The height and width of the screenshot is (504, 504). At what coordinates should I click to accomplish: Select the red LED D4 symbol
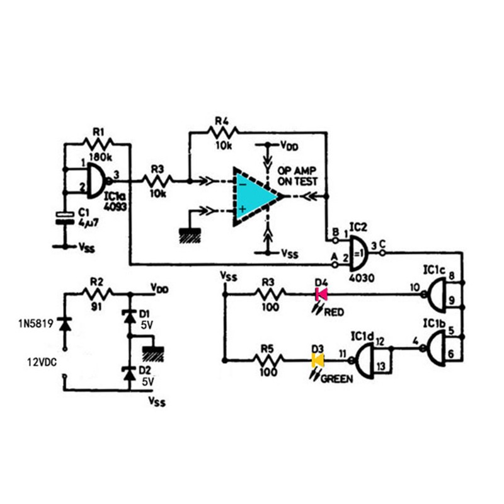click(321, 294)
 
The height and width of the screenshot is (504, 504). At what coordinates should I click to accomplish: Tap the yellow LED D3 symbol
click(318, 361)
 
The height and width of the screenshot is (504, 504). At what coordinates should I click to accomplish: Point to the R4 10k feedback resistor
click(225, 132)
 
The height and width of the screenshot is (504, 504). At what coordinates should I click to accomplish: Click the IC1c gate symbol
click(442, 294)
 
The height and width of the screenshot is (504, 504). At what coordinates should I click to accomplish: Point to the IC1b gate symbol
click(442, 348)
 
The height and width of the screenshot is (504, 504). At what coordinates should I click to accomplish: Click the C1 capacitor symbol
click(64, 217)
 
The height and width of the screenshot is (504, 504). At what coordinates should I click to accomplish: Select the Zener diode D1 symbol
click(130, 317)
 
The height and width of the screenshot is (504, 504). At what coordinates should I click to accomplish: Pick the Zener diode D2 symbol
click(130, 375)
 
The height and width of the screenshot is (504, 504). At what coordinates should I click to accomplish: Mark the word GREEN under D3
click(336, 379)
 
